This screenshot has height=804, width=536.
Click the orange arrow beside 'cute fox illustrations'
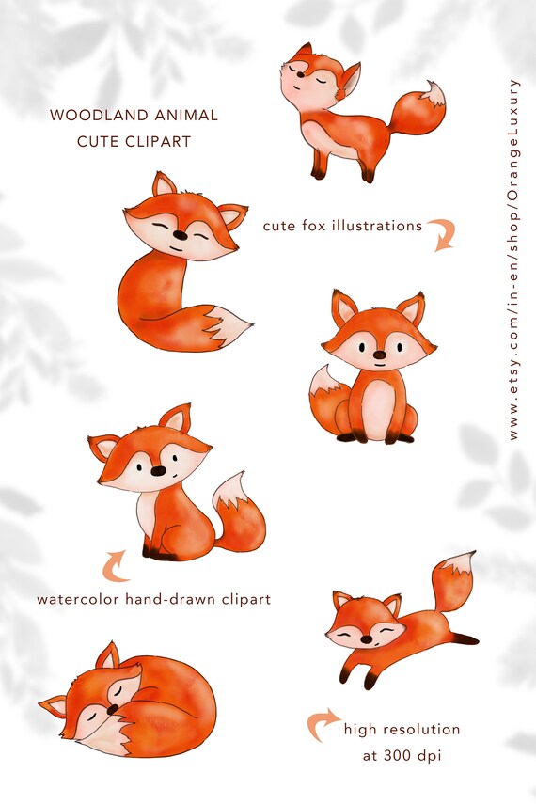coord(442,234)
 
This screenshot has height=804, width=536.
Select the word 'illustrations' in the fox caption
coord(376,226)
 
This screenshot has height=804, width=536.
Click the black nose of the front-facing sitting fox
coord(378,355)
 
